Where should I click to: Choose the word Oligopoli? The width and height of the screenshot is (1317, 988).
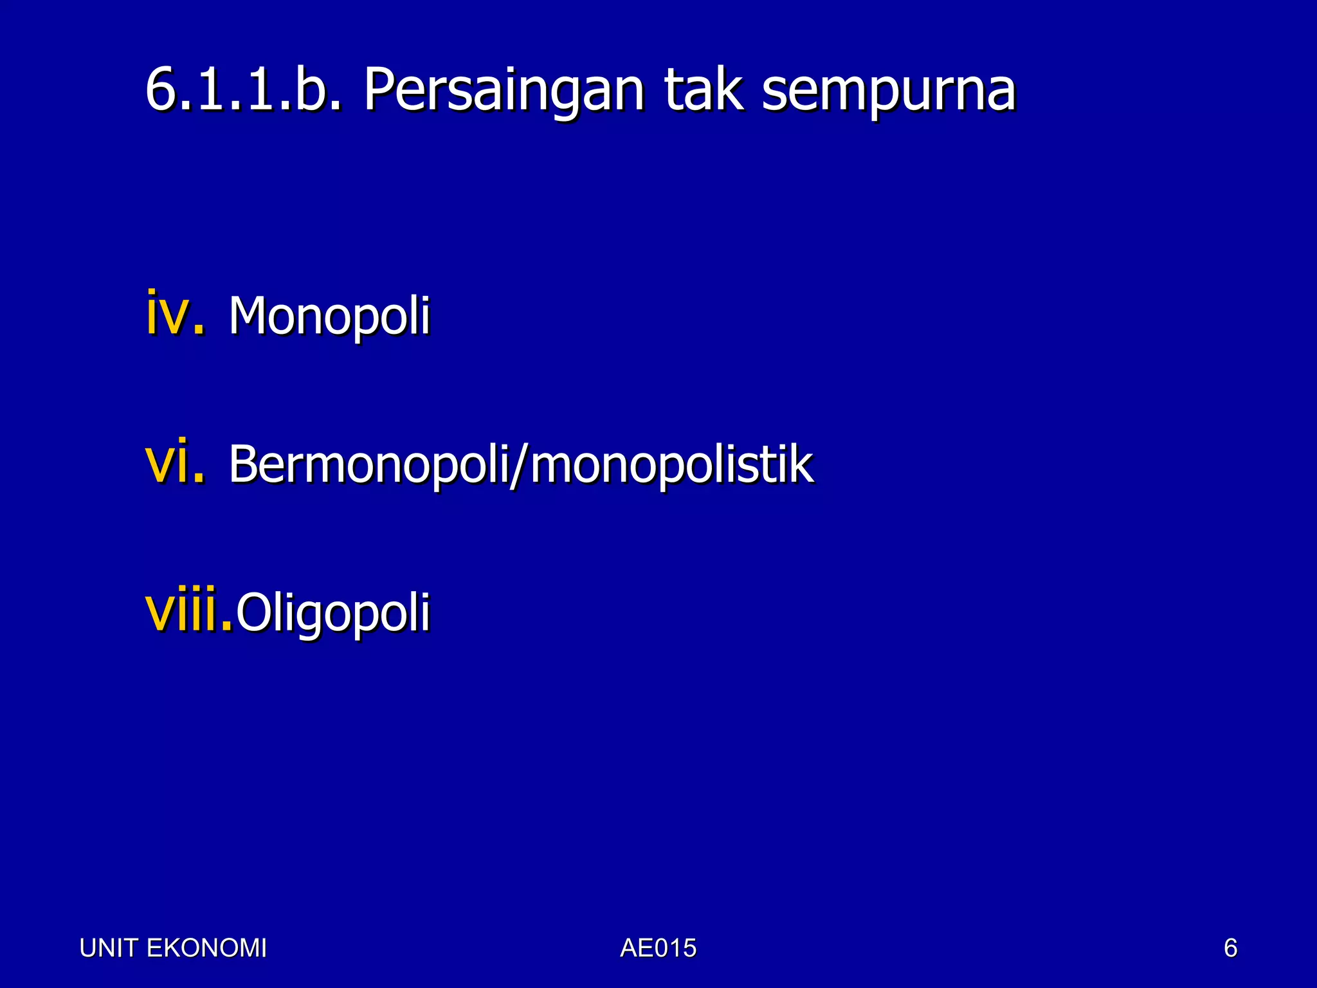333,613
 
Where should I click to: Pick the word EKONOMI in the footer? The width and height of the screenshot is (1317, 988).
206,948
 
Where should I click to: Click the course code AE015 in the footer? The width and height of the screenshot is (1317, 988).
658,948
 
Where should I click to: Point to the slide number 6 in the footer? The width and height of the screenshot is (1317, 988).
1230,948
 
